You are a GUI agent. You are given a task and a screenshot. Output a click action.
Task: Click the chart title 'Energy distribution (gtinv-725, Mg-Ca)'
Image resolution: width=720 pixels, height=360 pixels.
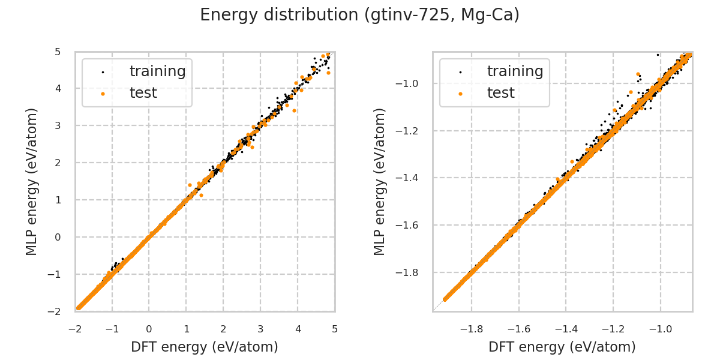(359, 15)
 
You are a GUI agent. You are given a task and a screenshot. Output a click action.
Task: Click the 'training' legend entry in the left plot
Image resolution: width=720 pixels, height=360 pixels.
(157, 71)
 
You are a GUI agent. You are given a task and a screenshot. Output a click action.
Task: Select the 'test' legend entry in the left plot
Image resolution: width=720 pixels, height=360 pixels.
(143, 93)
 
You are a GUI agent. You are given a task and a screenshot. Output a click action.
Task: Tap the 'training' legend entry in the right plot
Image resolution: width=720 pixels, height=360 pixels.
(515, 71)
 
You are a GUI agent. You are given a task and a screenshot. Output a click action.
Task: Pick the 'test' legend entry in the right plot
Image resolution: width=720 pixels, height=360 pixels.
(500, 93)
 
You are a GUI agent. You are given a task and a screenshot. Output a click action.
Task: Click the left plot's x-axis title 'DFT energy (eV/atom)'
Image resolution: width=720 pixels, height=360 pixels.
(205, 347)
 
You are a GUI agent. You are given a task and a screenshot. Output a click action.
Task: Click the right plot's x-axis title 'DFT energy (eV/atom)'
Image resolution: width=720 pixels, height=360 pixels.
(562, 347)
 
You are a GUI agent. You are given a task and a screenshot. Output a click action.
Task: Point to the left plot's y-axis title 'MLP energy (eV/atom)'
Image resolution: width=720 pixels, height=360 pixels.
(32, 181)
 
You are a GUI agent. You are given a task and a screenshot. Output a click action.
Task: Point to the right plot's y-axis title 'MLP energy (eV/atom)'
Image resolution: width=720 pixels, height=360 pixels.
(380, 181)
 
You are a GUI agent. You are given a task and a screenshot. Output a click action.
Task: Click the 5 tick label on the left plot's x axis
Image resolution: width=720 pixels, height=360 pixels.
(335, 329)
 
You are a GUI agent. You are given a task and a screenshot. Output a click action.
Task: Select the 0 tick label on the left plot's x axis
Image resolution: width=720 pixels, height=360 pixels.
(149, 329)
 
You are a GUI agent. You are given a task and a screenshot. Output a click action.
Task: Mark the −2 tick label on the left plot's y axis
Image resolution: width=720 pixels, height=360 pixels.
(55, 311)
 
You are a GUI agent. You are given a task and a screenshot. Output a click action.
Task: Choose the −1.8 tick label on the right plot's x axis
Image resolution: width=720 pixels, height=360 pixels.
(471, 329)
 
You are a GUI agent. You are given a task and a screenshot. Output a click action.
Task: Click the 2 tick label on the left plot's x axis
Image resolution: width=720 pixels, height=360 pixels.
(223, 329)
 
